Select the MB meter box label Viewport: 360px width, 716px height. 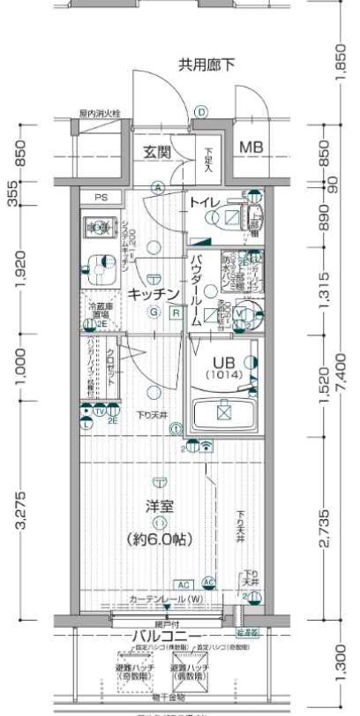point(251,147)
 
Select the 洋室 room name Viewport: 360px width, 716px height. point(159,509)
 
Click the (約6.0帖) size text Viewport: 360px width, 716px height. point(159,538)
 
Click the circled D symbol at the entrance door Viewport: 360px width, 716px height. point(201,112)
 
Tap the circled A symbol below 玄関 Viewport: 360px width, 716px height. point(156,187)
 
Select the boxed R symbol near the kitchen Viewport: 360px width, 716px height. point(176,313)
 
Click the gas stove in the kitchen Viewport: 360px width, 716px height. point(94,228)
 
